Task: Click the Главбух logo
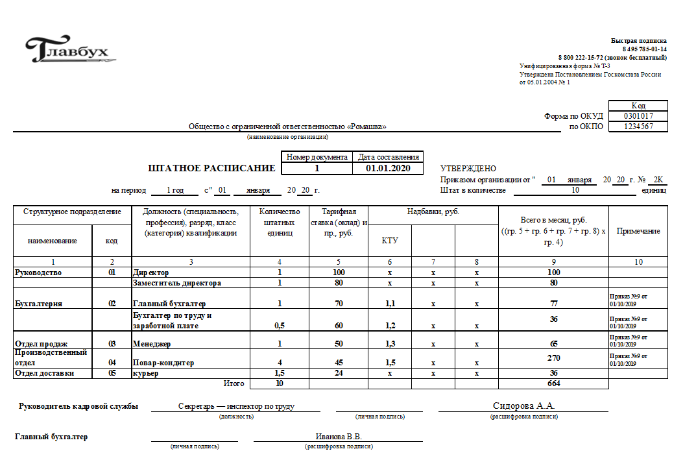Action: (x=67, y=49)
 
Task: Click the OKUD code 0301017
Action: (x=638, y=116)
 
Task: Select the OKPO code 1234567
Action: (x=638, y=127)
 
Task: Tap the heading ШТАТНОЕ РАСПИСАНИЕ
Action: (x=212, y=168)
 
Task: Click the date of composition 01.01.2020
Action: (x=388, y=168)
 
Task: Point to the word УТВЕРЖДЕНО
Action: (x=468, y=169)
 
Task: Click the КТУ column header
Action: (x=390, y=241)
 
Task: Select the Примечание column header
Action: (x=638, y=231)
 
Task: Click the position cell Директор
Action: (x=150, y=273)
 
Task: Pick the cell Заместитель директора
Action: (x=176, y=283)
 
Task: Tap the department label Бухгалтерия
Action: (x=39, y=304)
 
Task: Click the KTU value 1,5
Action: (x=390, y=363)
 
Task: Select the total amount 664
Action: (x=553, y=383)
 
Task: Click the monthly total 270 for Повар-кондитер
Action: (x=553, y=358)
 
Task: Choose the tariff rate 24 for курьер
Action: (x=338, y=373)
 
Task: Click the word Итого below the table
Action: (x=234, y=383)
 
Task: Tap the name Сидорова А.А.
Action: (x=523, y=406)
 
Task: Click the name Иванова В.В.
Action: (x=339, y=437)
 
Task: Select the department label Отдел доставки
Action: (x=44, y=373)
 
